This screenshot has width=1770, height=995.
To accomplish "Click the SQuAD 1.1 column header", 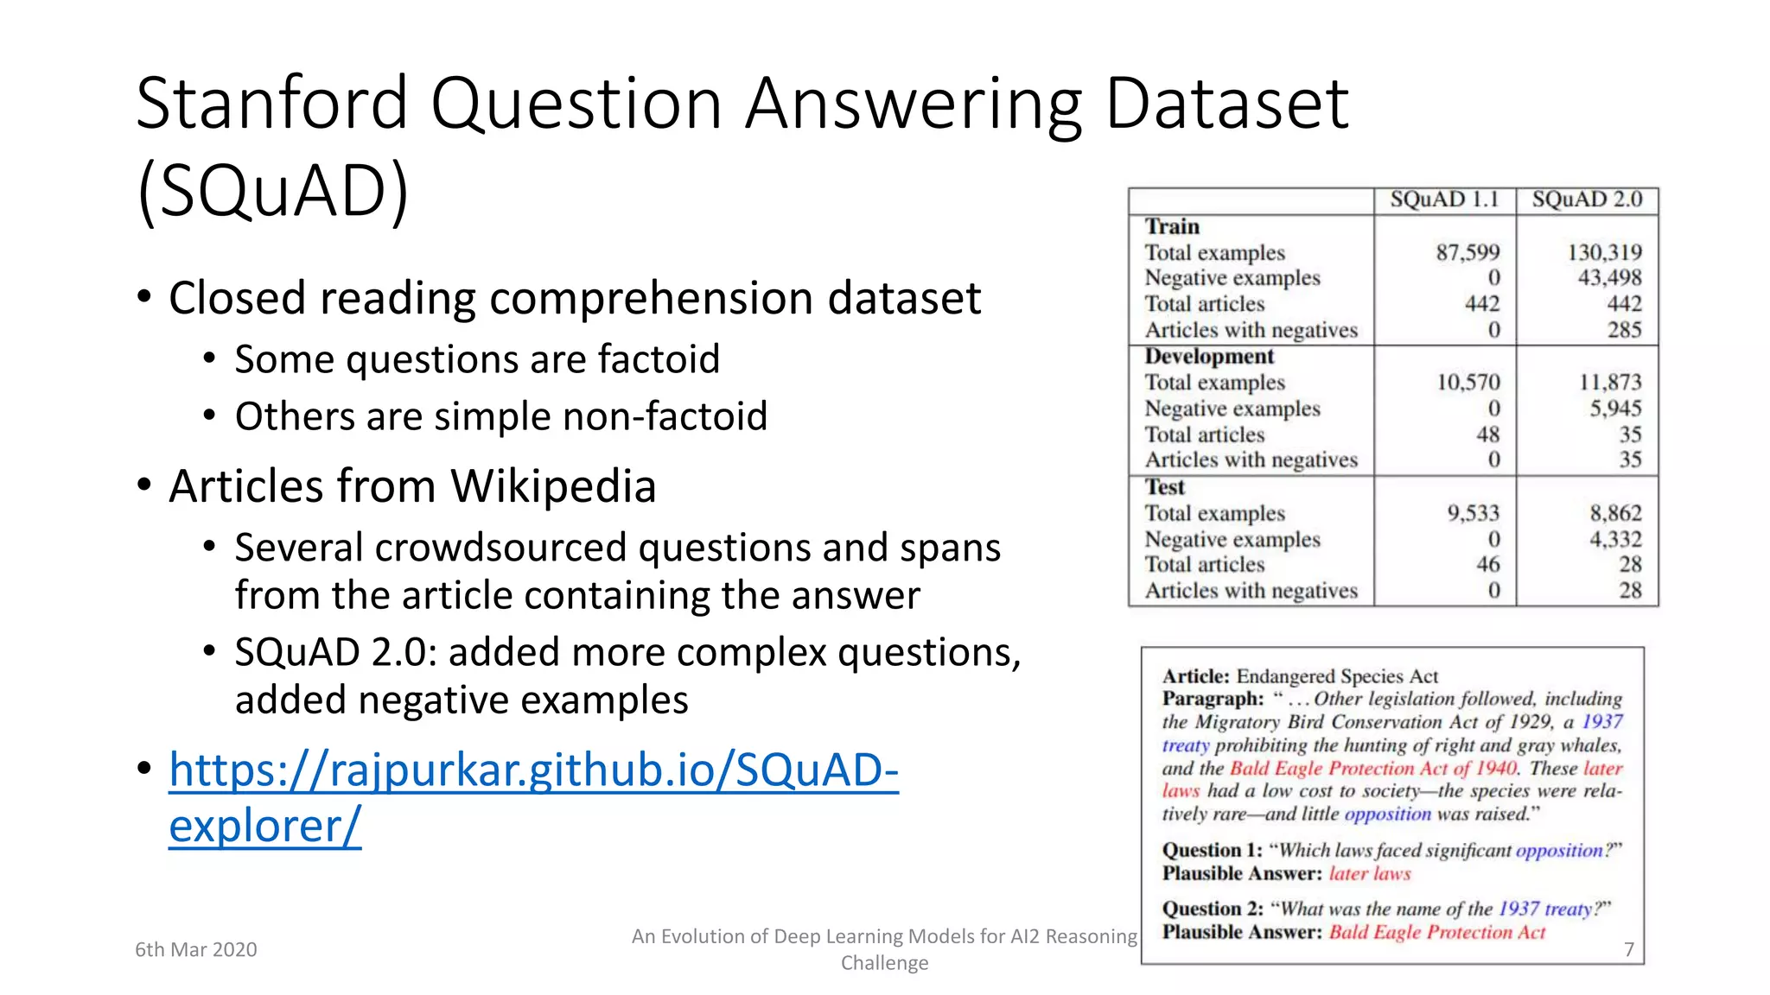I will [x=1444, y=200].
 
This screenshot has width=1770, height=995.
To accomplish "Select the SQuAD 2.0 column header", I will [x=1587, y=200].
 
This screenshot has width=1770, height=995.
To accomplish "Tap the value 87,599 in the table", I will [x=1468, y=252].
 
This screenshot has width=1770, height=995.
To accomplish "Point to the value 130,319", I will [x=1604, y=252].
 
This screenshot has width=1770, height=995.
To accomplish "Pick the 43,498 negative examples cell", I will [x=1609, y=277].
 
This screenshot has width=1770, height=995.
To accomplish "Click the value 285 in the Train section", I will [x=1624, y=330].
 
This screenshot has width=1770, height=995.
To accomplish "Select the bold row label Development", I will [x=1209, y=357].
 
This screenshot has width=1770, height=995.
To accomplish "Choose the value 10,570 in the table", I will [x=1468, y=382].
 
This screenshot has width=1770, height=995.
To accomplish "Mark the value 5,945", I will [x=1614, y=408].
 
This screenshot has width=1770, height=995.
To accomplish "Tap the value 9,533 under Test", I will [x=1473, y=513].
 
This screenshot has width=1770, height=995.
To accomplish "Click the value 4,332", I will [x=1614, y=539].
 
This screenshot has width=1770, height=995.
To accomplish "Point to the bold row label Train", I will [x=1172, y=226].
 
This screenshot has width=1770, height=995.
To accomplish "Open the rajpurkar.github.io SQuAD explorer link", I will [x=533, y=770].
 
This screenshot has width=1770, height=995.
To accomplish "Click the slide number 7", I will [x=1628, y=949].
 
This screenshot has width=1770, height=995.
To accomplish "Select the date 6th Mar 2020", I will [x=196, y=949].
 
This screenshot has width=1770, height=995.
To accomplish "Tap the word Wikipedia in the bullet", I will [x=553, y=485].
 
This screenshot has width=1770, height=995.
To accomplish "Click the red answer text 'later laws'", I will [x=1369, y=873].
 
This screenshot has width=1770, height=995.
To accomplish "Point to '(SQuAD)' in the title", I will [x=272, y=191].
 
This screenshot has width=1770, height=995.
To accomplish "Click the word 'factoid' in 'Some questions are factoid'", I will [x=658, y=359].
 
